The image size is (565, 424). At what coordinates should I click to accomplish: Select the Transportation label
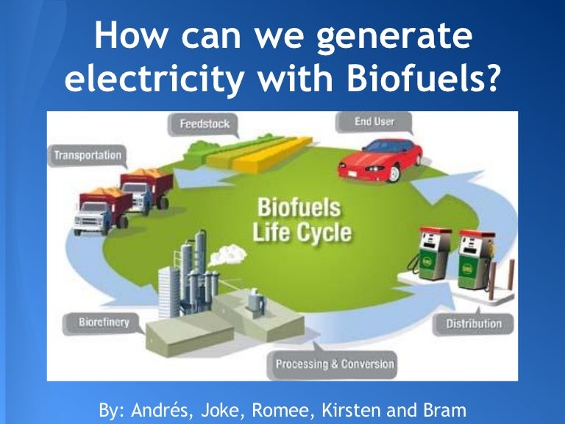coord(88,156)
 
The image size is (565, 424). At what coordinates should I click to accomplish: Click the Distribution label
coord(474,324)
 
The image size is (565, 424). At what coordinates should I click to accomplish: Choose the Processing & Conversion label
coord(335,364)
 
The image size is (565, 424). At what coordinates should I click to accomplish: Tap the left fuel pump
coord(434,254)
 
